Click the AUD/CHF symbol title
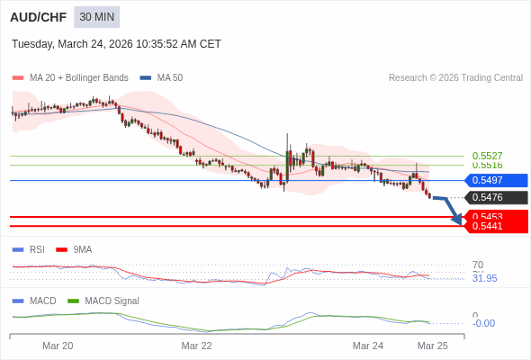[37, 17]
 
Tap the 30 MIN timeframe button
[96, 17]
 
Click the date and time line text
[116, 44]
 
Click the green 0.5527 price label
[487, 156]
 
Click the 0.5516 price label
[487, 166]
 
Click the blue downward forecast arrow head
[457, 219]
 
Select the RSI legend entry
[36, 249]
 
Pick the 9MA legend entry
[82, 249]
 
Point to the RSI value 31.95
[484, 278]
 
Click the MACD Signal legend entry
[112, 301]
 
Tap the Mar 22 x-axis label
[196, 346]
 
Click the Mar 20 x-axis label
[58, 346]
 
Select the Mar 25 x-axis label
[432, 346]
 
